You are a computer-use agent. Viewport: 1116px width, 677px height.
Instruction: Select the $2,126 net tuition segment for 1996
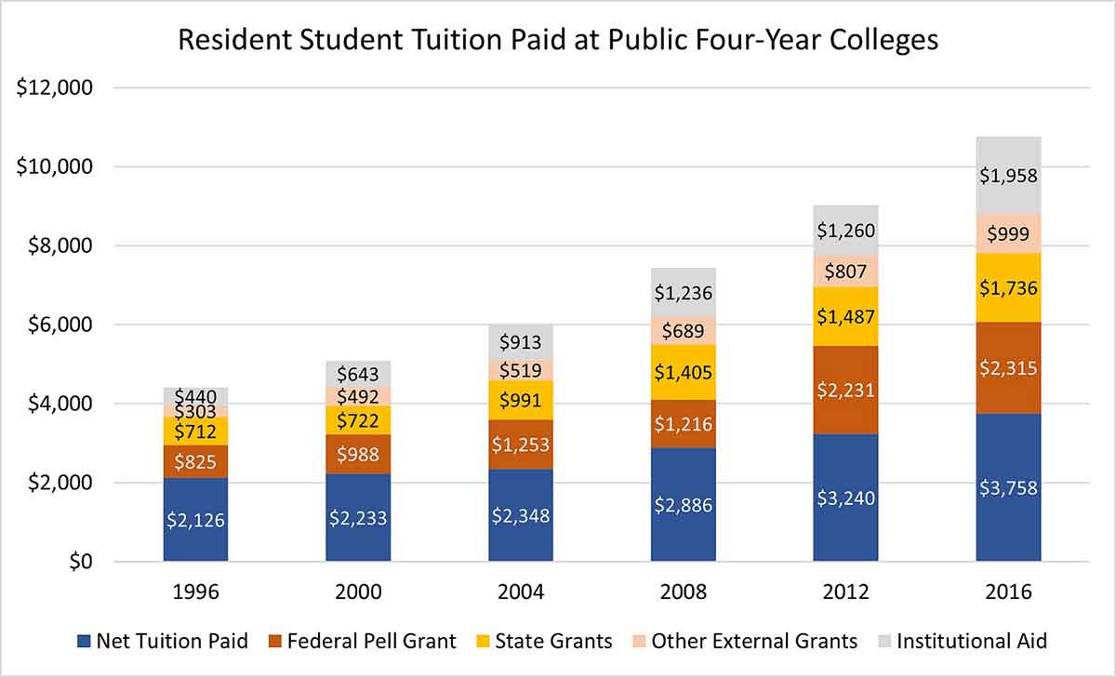pos(195,520)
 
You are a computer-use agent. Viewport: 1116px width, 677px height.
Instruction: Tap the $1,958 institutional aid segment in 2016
pos(1008,174)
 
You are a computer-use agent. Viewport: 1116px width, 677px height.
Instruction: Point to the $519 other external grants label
pos(521,370)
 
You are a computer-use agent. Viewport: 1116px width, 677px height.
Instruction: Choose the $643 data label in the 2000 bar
pos(358,373)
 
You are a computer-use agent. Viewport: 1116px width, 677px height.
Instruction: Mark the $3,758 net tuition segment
pos(1008,487)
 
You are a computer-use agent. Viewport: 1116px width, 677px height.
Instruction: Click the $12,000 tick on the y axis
pos(55,88)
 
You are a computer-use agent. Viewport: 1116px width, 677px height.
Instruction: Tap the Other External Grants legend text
pos(754,641)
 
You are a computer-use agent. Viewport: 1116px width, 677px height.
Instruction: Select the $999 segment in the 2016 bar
pos(1008,233)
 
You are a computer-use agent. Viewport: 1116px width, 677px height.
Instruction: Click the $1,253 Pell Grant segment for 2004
pos(521,445)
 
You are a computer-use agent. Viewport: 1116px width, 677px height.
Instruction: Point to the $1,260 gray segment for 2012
pos(845,231)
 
